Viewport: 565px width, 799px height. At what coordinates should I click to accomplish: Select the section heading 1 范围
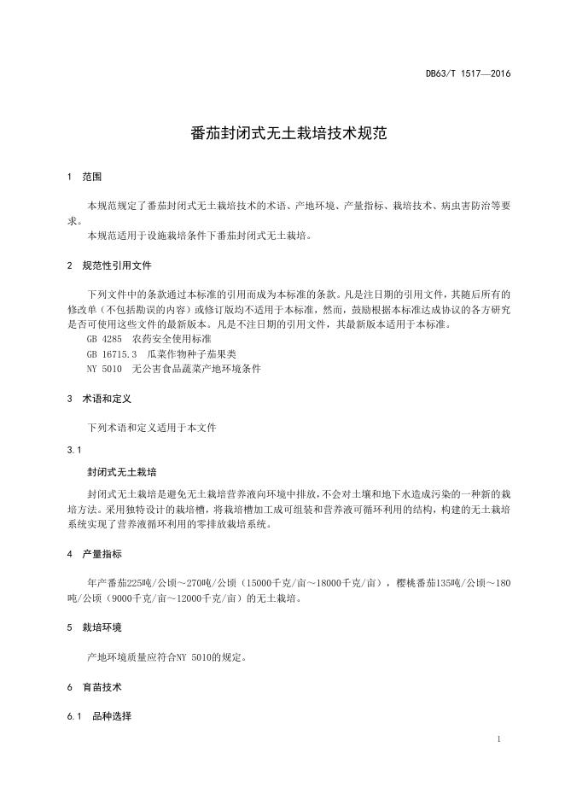pyautogui.click(x=84, y=177)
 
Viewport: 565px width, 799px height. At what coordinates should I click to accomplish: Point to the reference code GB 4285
pyautogui.click(x=103, y=339)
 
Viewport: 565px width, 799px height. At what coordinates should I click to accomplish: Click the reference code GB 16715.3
pyautogui.click(x=112, y=354)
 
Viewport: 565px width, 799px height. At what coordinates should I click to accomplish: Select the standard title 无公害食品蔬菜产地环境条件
pyautogui.click(x=196, y=369)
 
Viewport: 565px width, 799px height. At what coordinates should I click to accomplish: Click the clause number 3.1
pyautogui.click(x=73, y=449)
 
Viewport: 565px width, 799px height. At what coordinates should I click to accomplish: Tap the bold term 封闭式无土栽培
pyautogui.click(x=122, y=471)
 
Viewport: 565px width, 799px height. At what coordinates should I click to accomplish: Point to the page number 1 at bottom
pyautogui.click(x=498, y=737)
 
